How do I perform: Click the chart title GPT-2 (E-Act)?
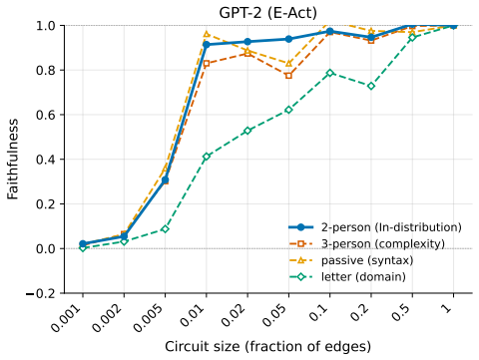268,13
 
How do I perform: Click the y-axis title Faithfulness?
13,160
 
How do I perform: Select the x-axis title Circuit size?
268,346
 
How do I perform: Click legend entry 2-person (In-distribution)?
375,227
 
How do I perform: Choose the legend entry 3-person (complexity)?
367,244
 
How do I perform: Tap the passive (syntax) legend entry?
351,260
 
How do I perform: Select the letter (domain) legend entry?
347,276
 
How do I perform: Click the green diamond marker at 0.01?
207,157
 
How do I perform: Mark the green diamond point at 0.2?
371,86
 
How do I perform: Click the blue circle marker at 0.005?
165,180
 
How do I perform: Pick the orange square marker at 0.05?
288,76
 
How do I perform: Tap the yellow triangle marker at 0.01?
207,34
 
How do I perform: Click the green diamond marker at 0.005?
165,228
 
